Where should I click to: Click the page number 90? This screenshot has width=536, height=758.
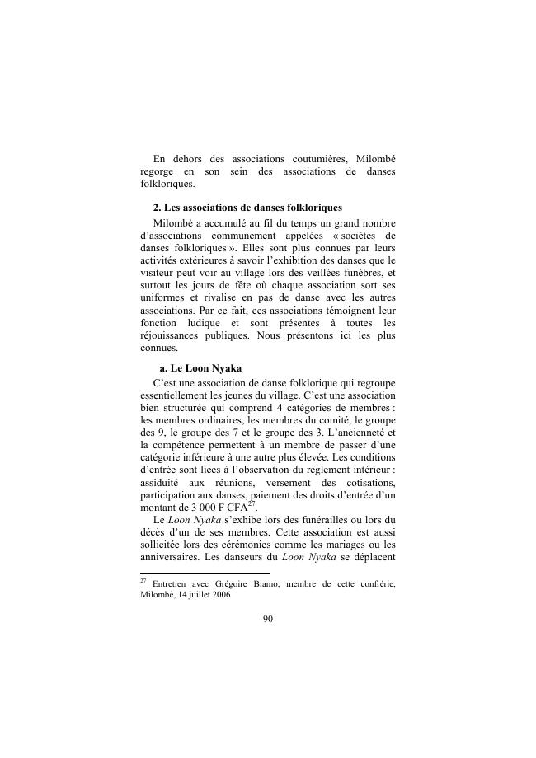point(267,620)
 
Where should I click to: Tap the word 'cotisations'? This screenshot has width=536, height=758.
point(366,485)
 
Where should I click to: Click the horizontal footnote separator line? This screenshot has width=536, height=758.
point(205,573)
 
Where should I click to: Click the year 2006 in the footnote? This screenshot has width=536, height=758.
point(218,597)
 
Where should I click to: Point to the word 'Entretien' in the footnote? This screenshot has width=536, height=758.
point(174,585)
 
